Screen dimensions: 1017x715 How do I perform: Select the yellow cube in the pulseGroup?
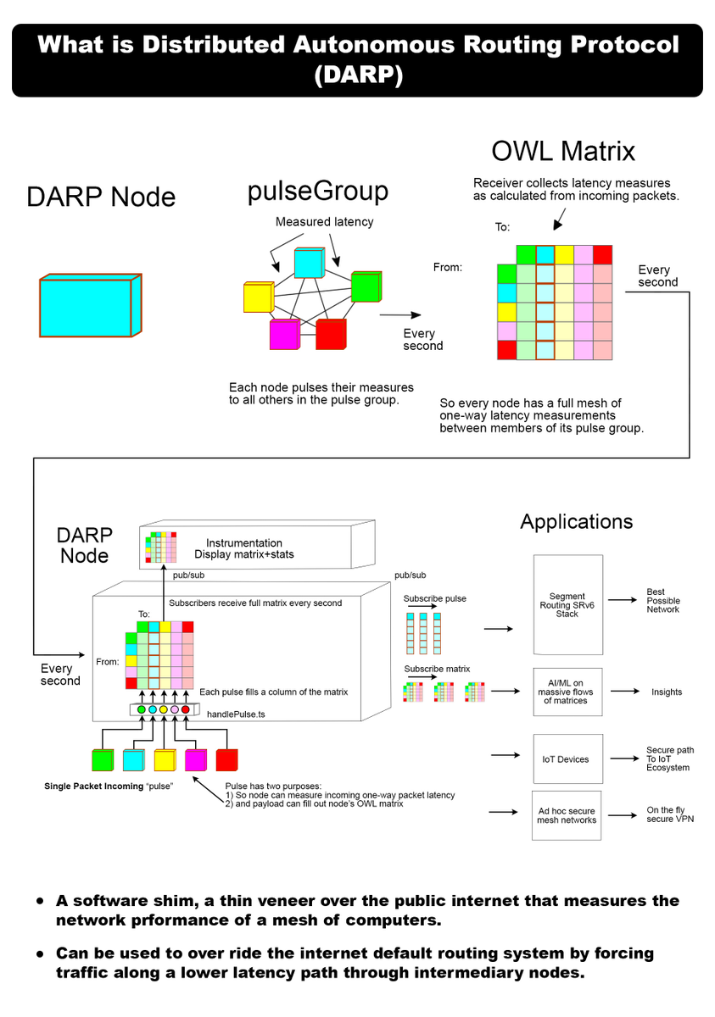[256, 297]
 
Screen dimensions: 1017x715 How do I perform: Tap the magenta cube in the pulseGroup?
[285, 334]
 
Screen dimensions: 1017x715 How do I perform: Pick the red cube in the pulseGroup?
[331, 334]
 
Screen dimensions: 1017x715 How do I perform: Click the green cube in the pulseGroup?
[366, 286]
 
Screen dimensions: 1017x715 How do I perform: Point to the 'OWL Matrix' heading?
[563, 151]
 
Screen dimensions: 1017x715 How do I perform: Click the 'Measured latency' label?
[324, 222]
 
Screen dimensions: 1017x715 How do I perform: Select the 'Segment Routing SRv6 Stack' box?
[567, 604]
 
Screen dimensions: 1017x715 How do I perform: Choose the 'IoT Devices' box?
[566, 759]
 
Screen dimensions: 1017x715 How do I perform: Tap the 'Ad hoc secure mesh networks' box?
[567, 815]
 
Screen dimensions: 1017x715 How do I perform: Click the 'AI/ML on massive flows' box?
[566, 692]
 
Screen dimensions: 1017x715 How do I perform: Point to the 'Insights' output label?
[667, 692]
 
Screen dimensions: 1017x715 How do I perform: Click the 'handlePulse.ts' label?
[236, 714]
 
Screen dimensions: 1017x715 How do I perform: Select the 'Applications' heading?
[576, 521]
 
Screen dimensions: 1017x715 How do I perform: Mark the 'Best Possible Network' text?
[663, 601]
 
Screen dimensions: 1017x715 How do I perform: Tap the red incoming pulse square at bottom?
[227, 759]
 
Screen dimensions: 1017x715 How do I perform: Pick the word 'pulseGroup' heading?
[317, 191]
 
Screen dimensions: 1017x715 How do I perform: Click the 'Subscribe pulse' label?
[434, 598]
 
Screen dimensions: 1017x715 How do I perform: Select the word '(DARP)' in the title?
[357, 75]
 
